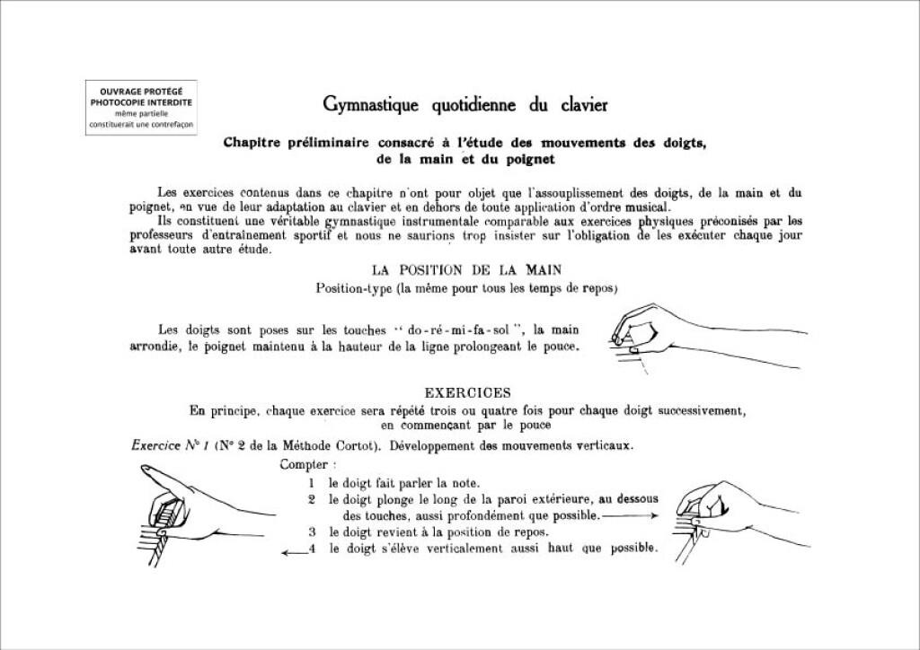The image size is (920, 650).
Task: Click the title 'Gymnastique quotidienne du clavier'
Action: [x=465, y=105]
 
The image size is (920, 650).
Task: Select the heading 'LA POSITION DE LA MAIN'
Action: [x=467, y=269]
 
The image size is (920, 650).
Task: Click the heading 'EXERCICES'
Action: [x=467, y=392]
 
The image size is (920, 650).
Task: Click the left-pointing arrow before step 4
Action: [x=294, y=553]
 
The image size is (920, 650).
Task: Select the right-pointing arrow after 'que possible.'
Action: [x=632, y=516]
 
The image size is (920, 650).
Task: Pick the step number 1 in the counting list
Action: [x=310, y=483]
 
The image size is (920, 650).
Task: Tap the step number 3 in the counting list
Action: [x=311, y=532]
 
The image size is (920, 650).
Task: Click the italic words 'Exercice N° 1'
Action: [x=160, y=444]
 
